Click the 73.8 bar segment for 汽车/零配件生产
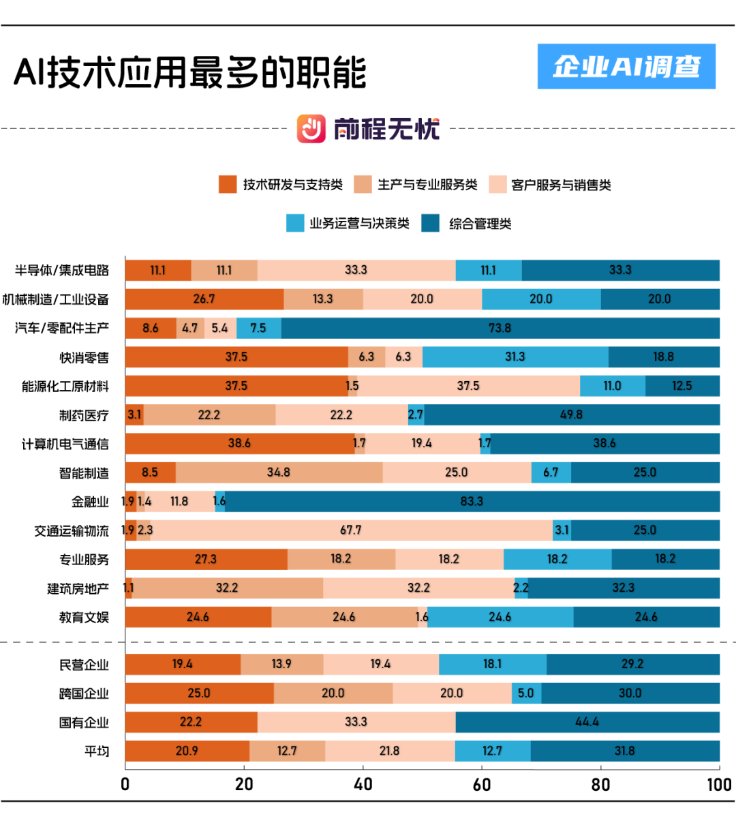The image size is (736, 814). pyautogui.click(x=500, y=328)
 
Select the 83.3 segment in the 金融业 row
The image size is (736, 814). pyautogui.click(x=472, y=502)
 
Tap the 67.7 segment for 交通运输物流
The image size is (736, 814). pyautogui.click(x=351, y=530)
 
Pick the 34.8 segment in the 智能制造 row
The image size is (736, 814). pyautogui.click(x=279, y=472)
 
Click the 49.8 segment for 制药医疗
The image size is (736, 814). pyautogui.click(x=571, y=414)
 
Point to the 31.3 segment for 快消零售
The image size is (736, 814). pyautogui.click(x=515, y=357)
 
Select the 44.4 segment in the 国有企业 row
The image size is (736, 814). pyautogui.click(x=587, y=722)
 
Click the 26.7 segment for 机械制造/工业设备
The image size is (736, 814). pyautogui.click(x=204, y=299)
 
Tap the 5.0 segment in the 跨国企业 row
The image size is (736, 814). pyautogui.click(x=526, y=693)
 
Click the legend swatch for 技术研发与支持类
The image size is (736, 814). pyautogui.click(x=228, y=184)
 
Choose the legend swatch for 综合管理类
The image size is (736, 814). pyautogui.click(x=431, y=224)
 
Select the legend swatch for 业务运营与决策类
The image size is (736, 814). pyautogui.click(x=295, y=224)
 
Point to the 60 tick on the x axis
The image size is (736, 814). pyautogui.click(x=482, y=785)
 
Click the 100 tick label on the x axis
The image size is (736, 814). pyautogui.click(x=719, y=785)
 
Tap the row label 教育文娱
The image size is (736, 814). pyautogui.click(x=84, y=618)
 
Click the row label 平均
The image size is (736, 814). pyautogui.click(x=97, y=751)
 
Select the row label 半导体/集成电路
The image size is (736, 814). pyautogui.click(x=62, y=271)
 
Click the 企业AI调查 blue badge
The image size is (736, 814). pyautogui.click(x=626, y=66)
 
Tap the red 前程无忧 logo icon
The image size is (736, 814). pyautogui.click(x=311, y=129)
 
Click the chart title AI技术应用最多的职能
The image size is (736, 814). pyautogui.click(x=190, y=72)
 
